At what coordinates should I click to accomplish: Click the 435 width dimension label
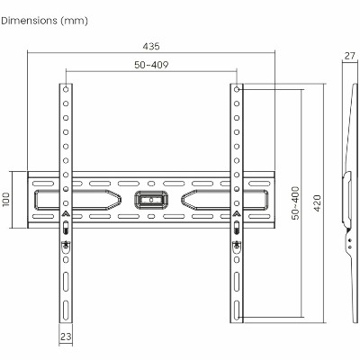pos(151,46)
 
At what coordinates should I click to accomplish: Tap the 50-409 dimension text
pos(151,65)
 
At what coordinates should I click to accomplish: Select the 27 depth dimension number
pos(349,56)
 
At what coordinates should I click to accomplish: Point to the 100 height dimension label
pos(6,200)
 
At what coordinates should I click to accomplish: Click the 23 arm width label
pos(66,337)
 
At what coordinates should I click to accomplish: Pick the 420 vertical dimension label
pos(317,203)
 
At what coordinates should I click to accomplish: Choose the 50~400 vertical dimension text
pos(295,203)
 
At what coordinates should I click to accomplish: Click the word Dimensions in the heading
pos(29,21)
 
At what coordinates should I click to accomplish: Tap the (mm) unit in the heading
pos(74,21)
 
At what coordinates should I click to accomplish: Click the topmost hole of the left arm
pos(66,89)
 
